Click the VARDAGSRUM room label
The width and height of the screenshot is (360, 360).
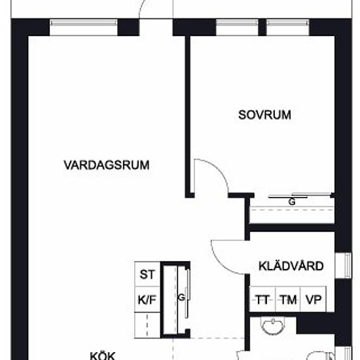(x=106, y=165)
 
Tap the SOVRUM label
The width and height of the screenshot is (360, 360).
(x=264, y=115)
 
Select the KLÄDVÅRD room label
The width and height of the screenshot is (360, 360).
(x=291, y=266)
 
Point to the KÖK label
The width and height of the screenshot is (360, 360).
(x=103, y=355)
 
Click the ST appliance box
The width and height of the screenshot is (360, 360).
(x=147, y=274)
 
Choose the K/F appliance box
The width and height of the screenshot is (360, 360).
(x=147, y=299)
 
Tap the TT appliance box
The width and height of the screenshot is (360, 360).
(x=262, y=299)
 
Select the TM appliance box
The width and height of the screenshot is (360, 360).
(x=288, y=299)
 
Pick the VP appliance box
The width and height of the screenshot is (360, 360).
(x=314, y=299)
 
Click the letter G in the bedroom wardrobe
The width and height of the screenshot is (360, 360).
(x=292, y=202)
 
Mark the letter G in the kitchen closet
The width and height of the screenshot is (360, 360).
(x=181, y=298)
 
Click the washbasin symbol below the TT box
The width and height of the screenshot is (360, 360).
(x=273, y=326)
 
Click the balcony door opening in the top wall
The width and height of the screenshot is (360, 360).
(x=156, y=27)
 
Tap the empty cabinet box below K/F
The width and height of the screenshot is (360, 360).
(x=147, y=325)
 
